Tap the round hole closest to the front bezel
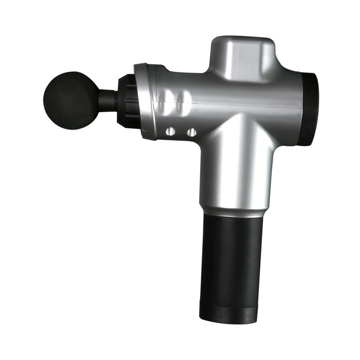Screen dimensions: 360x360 point(171,132)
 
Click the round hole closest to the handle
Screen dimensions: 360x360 point(191,132)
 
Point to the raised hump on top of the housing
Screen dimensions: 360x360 point(243,56)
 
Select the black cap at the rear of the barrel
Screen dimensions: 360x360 point(310,108)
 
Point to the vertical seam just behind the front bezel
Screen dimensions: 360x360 point(156,101)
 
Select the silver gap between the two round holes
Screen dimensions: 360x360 point(181,132)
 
